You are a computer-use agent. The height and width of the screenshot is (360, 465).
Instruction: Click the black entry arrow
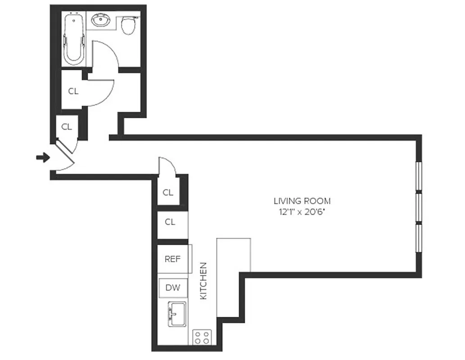[43, 157]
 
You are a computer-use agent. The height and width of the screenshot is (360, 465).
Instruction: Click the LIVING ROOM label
[302, 201]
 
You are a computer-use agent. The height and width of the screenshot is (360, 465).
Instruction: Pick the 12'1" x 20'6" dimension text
[302, 211]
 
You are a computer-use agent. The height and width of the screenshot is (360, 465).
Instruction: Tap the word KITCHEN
[203, 281]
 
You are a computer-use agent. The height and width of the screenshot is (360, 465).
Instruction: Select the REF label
[172, 259]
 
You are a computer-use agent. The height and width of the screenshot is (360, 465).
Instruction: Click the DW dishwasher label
[172, 288]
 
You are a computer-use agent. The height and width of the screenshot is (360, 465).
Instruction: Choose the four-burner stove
[202, 337]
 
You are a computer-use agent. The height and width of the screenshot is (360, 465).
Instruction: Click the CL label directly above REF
[170, 222]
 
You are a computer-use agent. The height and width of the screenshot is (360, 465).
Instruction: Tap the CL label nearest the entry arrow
[67, 127]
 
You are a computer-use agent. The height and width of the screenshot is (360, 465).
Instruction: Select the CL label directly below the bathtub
[73, 91]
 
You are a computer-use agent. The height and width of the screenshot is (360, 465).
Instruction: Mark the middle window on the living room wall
[418, 208]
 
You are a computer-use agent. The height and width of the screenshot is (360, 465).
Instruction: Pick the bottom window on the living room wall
[418, 239]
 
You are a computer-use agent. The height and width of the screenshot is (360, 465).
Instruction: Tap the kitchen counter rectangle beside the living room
[233, 277]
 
